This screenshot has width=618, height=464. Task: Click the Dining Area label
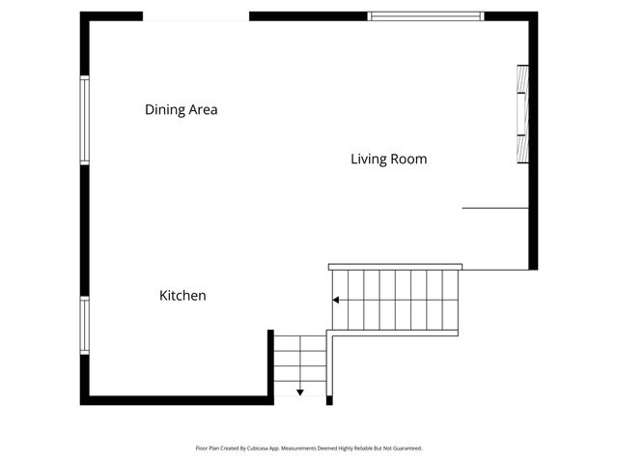182,110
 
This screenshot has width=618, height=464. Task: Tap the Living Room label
388,159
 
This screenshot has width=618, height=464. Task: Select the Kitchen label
183,296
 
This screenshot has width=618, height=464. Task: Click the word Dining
163,110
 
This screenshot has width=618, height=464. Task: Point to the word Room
407,159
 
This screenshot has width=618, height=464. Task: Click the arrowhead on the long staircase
336,300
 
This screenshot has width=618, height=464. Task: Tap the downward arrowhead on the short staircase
300,391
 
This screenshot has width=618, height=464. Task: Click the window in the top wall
426,15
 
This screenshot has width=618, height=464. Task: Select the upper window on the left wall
85,120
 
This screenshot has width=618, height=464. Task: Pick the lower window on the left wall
85,325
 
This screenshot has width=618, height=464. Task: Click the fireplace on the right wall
523,114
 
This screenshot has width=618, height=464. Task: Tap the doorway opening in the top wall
196,16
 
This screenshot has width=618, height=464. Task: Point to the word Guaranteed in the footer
405,449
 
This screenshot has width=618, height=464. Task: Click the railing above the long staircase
395,267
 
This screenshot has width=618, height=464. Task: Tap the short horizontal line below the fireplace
495,208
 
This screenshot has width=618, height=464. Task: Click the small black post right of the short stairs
329,399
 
